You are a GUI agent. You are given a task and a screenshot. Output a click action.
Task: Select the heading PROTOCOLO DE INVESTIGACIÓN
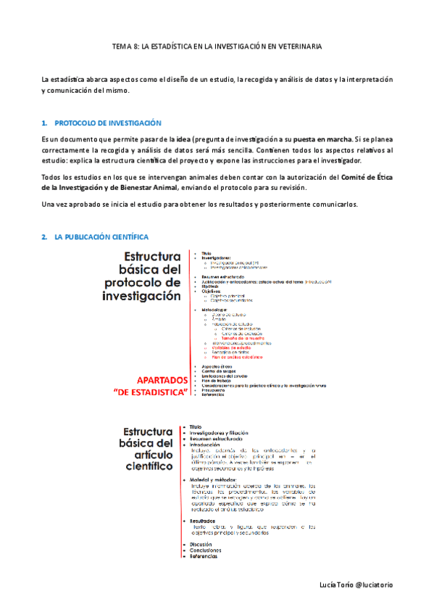tap(108, 123)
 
